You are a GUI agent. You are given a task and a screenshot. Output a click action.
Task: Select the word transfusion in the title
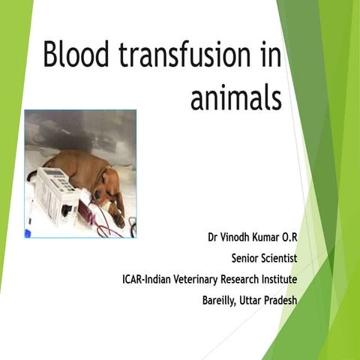(x=186, y=56)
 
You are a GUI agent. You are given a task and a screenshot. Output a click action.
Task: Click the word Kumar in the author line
(x=274, y=238)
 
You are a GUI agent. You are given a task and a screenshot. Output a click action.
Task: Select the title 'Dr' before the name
(x=214, y=238)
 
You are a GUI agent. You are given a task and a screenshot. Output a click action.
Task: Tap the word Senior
(x=247, y=259)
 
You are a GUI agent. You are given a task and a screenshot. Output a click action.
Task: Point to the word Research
(x=242, y=280)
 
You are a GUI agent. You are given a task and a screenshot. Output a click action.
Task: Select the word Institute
(x=280, y=280)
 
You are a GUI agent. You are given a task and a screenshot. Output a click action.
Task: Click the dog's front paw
(x=118, y=220)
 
